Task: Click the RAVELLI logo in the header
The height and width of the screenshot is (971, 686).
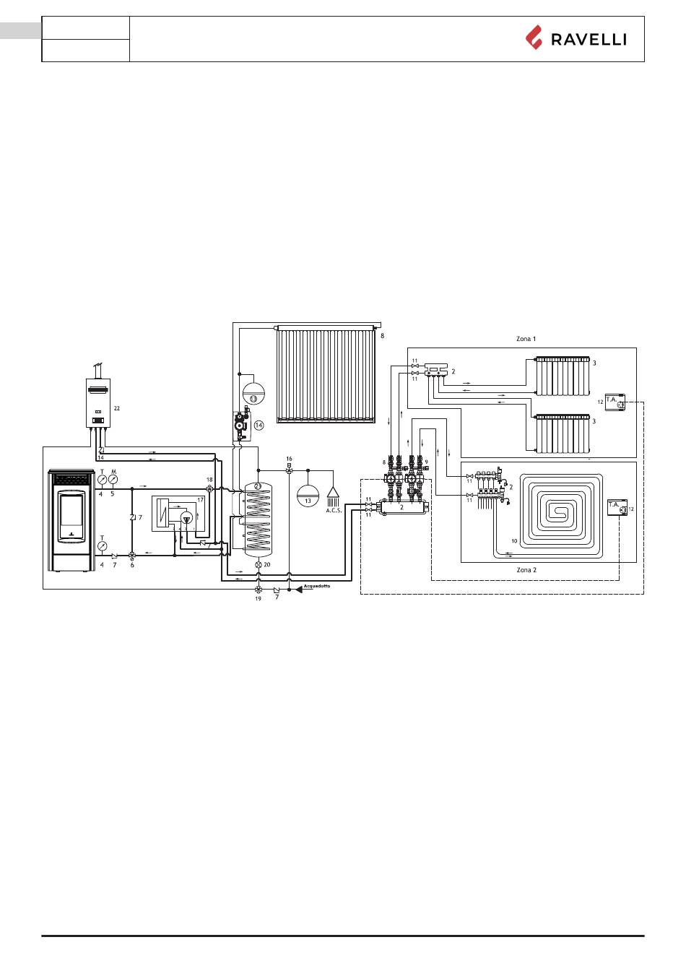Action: (576, 38)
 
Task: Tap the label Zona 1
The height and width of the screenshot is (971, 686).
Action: (526, 339)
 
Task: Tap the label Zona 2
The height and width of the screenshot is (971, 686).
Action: (526, 569)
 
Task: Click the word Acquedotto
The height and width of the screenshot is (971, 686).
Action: (317, 586)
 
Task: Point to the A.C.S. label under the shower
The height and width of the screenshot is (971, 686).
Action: (334, 511)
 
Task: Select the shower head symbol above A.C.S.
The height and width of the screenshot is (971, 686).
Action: (333, 496)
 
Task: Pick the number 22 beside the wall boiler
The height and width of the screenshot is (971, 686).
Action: (116, 408)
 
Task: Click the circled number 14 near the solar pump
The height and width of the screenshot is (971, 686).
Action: (259, 426)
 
